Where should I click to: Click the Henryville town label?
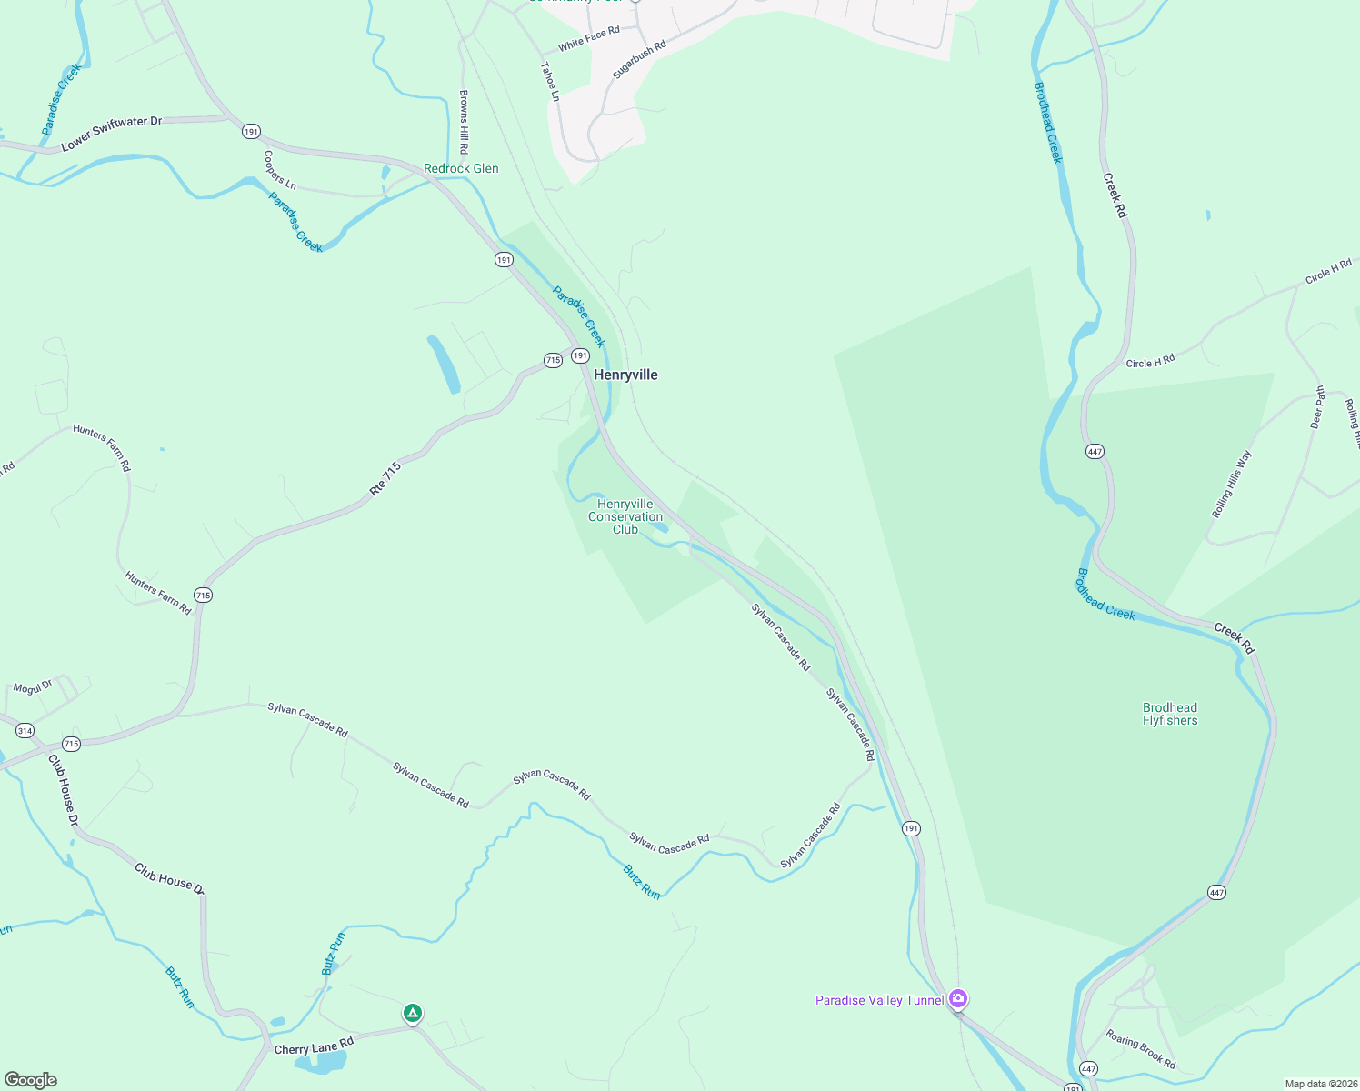[x=625, y=375]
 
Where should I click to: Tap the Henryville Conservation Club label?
[x=625, y=516]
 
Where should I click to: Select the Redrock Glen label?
[x=461, y=168]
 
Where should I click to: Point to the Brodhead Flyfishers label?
[x=1170, y=714]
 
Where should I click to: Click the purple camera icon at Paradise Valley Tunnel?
[x=957, y=999]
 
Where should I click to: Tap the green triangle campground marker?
[x=413, y=1013]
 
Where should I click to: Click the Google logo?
[x=31, y=1080]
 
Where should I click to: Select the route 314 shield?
[x=25, y=731]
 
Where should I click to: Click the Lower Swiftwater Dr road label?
[x=111, y=133]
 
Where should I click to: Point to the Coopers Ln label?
[x=280, y=170]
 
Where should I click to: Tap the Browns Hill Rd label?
[x=464, y=121]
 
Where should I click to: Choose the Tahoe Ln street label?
[x=550, y=81]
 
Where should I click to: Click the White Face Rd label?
[x=588, y=38]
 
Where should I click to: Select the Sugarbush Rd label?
[x=639, y=59]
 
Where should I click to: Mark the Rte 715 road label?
[x=385, y=479]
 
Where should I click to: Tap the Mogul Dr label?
[x=33, y=687]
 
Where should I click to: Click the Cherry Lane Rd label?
[x=314, y=1048]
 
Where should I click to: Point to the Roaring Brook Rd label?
[x=1141, y=1048]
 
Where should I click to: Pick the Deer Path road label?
[x=1317, y=407]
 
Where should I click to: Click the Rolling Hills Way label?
[x=1231, y=484]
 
